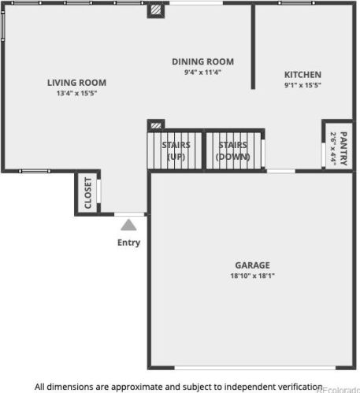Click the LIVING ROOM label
coord(76,83)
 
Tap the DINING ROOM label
coord(202,61)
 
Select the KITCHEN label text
coord(302,75)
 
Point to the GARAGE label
coord(252,265)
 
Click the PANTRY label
coord(343,149)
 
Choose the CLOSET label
coord(88,193)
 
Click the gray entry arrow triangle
coord(128,225)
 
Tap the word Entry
coord(128,243)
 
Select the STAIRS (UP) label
coord(176,150)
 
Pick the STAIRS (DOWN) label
coord(233,150)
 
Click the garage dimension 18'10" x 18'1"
coord(252,276)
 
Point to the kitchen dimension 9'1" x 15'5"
coord(302,85)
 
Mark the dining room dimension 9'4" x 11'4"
coord(202,72)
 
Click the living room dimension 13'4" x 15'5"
coord(76,93)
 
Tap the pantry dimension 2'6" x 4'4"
coord(333,149)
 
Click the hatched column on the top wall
coord(156,10)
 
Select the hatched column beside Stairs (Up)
coord(156,125)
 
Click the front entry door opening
coord(129,214)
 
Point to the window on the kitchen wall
coord(297,3)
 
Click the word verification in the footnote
coord(300,387)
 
